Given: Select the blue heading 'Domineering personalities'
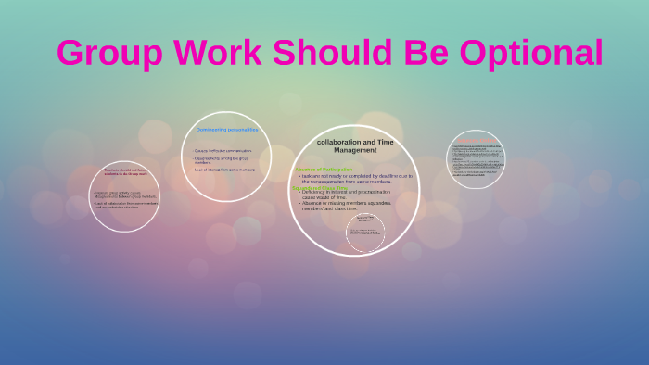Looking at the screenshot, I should click(226, 130).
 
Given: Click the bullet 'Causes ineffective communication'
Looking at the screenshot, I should click(223, 151).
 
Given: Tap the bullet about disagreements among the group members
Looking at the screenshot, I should click(223, 159).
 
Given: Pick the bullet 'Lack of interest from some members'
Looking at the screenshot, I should click(223, 170).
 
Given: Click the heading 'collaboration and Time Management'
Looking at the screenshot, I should click(355, 145).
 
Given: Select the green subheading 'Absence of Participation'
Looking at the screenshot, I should click(324, 170).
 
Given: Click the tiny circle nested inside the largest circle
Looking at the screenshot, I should click(364, 232).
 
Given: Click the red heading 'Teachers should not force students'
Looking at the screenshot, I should click(125, 172).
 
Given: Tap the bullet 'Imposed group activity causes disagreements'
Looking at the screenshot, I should click(125, 194).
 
